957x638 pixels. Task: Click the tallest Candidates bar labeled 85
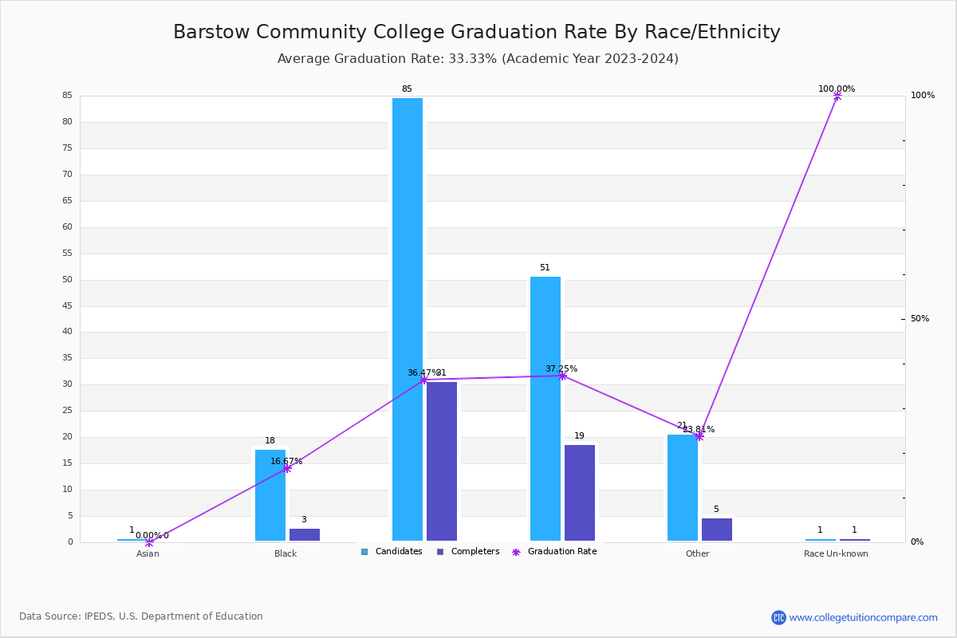pyautogui.click(x=408, y=319)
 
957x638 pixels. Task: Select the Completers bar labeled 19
pyautogui.click(x=580, y=493)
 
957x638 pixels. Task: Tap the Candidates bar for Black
pyautogui.click(x=270, y=495)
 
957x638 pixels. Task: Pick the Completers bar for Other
pyautogui.click(x=717, y=530)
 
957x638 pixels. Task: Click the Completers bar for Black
pyautogui.click(x=305, y=534)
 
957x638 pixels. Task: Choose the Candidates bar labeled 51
pyautogui.click(x=545, y=408)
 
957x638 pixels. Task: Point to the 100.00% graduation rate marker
pyautogui.click(x=837, y=96)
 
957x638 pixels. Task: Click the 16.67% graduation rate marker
pyautogui.click(x=286, y=468)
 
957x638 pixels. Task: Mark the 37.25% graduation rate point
pyautogui.click(x=562, y=376)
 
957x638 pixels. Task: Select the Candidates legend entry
pyautogui.click(x=392, y=552)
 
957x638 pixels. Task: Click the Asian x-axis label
pyautogui.click(x=148, y=553)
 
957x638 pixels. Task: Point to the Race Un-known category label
pyautogui.click(x=836, y=553)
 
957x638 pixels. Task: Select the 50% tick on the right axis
pyautogui.click(x=920, y=319)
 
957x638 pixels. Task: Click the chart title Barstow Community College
pyautogui.click(x=476, y=32)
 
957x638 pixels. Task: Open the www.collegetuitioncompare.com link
pyautogui.click(x=863, y=617)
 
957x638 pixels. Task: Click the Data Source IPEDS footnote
pyautogui.click(x=141, y=616)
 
